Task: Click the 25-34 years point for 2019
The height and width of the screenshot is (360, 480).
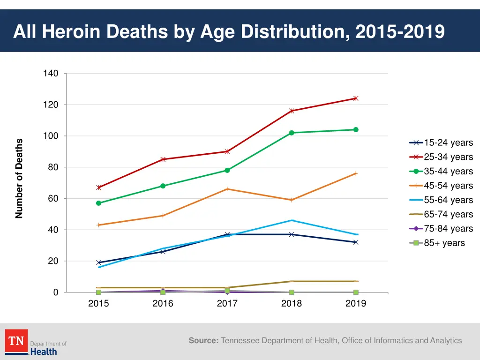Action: (356, 98)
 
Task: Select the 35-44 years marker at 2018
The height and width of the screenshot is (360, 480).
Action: (292, 133)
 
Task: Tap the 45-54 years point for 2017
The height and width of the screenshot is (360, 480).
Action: (227, 189)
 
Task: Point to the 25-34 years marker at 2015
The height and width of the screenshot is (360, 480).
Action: (98, 187)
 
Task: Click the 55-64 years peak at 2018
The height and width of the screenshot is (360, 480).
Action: (292, 220)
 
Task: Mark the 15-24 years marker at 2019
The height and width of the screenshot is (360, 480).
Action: (356, 242)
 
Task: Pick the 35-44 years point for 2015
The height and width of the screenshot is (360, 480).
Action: (98, 203)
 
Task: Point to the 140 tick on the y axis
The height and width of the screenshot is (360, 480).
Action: (51, 74)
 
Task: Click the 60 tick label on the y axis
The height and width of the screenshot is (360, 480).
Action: (53, 199)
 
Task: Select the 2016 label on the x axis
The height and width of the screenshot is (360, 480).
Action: (163, 304)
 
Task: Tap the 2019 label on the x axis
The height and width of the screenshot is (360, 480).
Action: (356, 304)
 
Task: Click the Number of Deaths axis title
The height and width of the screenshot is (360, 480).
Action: (19, 179)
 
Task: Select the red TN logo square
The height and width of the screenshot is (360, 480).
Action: (16, 341)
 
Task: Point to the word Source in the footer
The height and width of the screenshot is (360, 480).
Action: (203, 341)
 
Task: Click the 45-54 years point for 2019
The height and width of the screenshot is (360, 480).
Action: (356, 173)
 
